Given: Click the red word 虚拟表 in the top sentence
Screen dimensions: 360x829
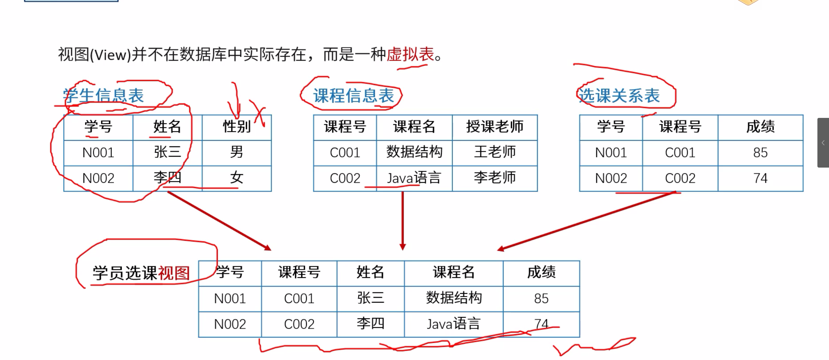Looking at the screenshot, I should [x=410, y=54].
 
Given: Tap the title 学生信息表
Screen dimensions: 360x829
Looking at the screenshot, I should [x=103, y=96].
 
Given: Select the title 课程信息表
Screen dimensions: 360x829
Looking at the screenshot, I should [x=354, y=96].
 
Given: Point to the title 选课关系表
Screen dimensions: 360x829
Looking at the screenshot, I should [x=619, y=96].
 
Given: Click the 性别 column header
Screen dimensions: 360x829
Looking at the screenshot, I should [x=237, y=127].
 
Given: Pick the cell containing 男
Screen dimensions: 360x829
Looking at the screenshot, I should [x=237, y=152].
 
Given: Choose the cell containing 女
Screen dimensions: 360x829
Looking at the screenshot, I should [x=237, y=178].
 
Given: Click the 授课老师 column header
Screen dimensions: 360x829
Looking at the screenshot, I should [x=495, y=127].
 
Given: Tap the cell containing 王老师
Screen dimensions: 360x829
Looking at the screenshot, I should [x=495, y=152].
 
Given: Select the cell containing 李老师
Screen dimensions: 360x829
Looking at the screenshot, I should [x=495, y=178].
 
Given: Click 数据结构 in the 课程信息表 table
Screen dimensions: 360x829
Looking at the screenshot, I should [x=414, y=152].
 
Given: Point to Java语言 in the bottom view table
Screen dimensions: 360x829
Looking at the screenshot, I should [x=453, y=324].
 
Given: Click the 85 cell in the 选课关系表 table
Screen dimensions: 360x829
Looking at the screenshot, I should [x=760, y=152].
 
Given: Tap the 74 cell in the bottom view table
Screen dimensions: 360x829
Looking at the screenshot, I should [x=541, y=324].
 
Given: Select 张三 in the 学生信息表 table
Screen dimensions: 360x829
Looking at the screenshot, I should [x=167, y=152].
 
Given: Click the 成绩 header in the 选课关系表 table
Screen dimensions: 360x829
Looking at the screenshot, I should [x=760, y=127].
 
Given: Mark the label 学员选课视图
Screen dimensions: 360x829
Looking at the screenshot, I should [x=141, y=273].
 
